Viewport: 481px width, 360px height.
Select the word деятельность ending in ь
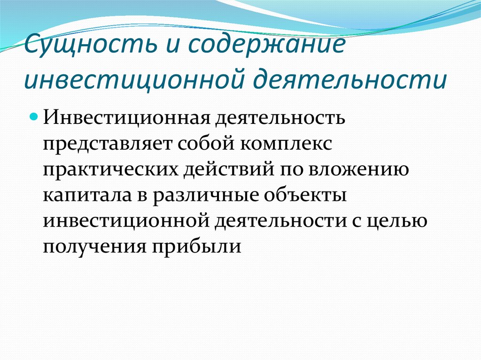click(x=279, y=117)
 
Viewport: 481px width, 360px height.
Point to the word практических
click(x=110, y=170)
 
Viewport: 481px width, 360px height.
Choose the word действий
click(x=229, y=169)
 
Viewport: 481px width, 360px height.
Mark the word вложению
click(x=358, y=169)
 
